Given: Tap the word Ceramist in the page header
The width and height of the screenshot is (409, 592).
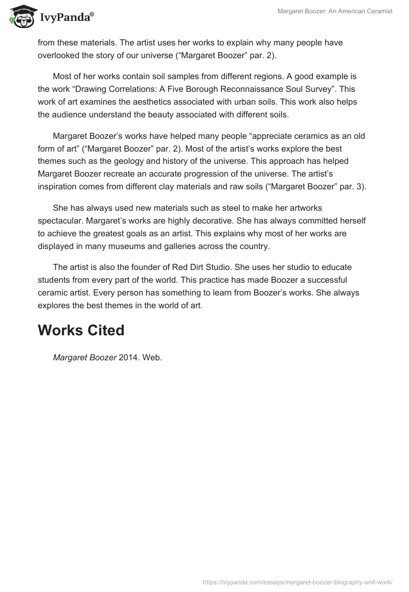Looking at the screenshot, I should [x=379, y=11].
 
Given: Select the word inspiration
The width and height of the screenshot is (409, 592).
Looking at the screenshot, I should [x=58, y=187].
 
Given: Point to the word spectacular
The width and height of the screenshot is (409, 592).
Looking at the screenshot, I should [x=63, y=220].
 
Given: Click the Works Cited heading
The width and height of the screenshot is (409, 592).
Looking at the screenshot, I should [x=81, y=330].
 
